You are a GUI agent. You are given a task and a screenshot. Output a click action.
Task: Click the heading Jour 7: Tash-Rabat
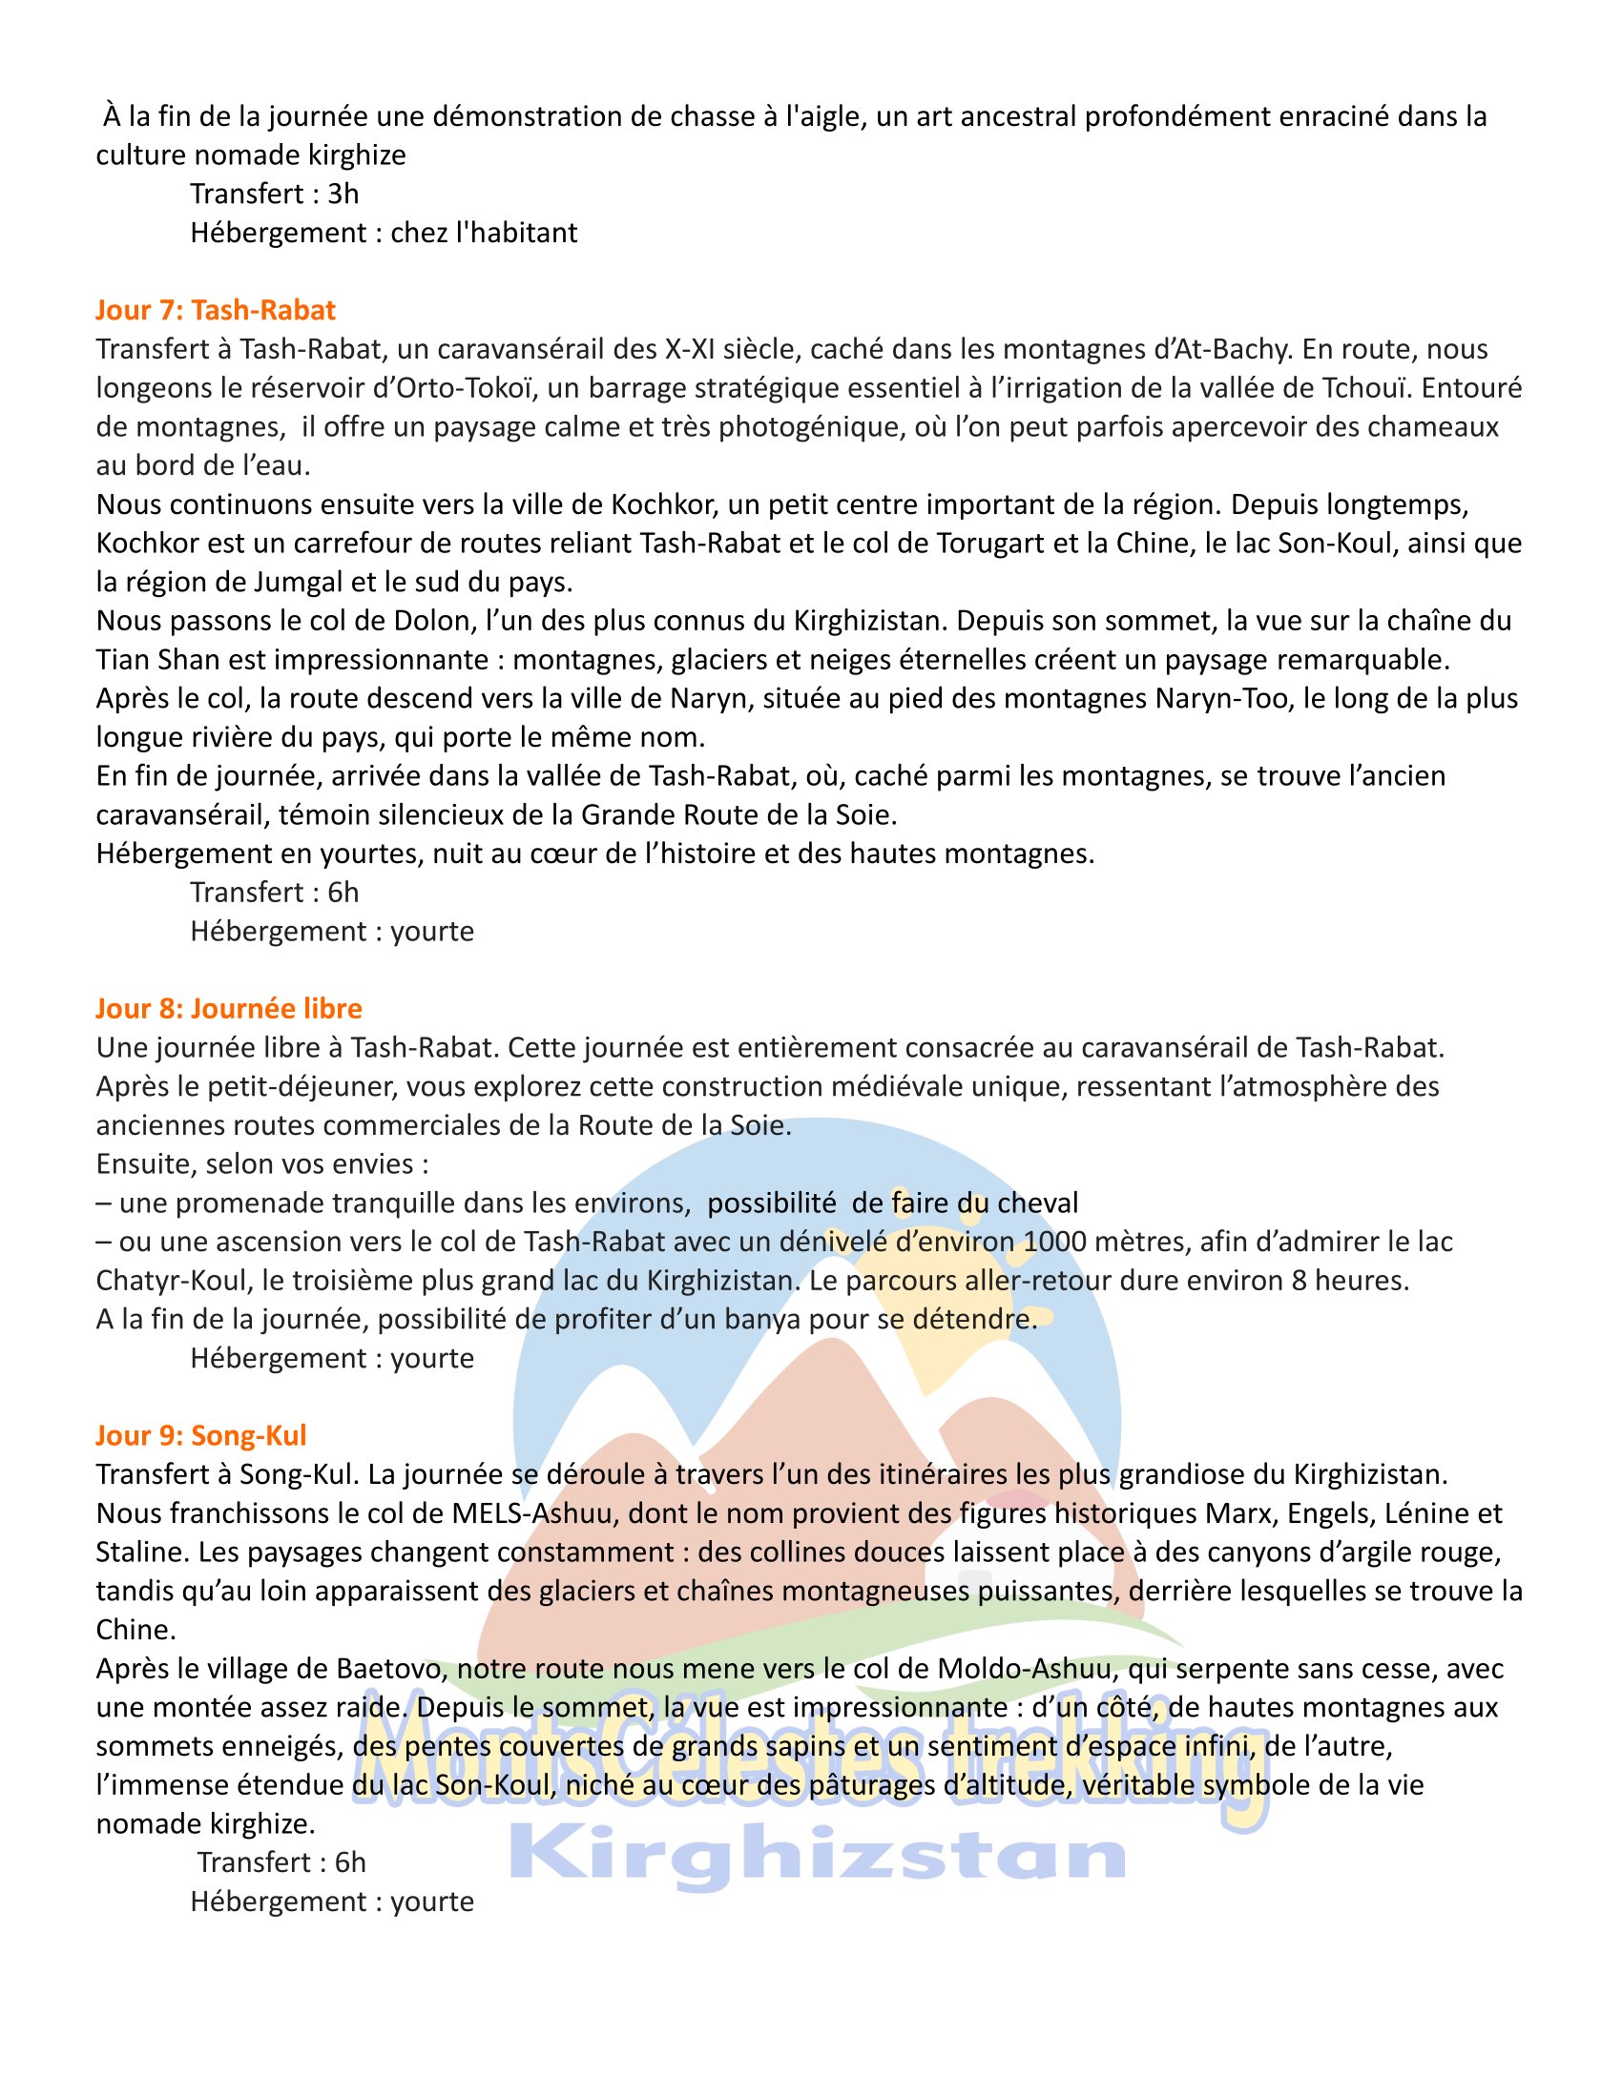216,310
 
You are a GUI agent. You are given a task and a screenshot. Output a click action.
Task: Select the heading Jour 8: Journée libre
229,1009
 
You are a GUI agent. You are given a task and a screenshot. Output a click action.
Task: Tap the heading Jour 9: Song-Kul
200,1435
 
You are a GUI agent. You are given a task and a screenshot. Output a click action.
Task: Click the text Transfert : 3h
274,194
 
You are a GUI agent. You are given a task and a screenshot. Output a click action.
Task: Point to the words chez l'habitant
484,233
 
